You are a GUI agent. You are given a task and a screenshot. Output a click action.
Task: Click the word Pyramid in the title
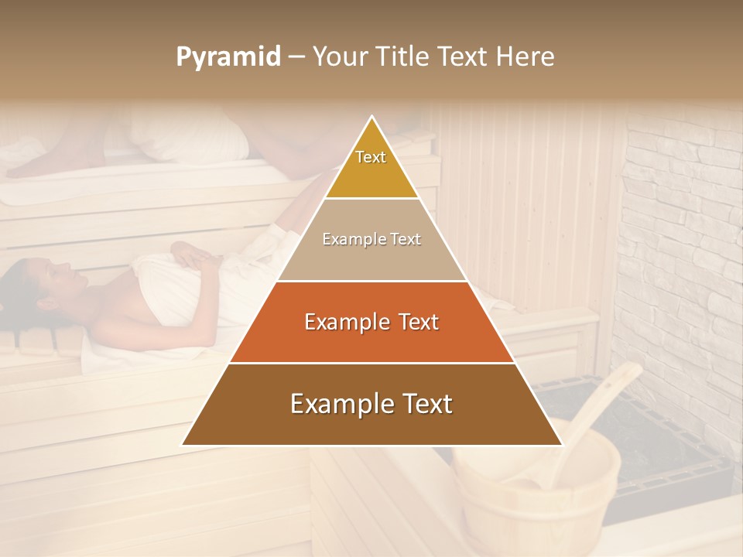click(228, 56)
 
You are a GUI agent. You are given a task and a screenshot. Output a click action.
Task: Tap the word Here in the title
click(529, 56)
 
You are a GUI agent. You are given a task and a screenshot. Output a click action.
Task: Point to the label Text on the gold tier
click(371, 157)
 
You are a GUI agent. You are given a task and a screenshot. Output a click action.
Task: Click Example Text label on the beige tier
click(371, 239)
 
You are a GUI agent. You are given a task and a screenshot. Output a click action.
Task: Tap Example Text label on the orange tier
click(371, 322)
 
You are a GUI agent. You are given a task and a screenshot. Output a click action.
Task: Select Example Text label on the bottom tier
click(371, 404)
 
